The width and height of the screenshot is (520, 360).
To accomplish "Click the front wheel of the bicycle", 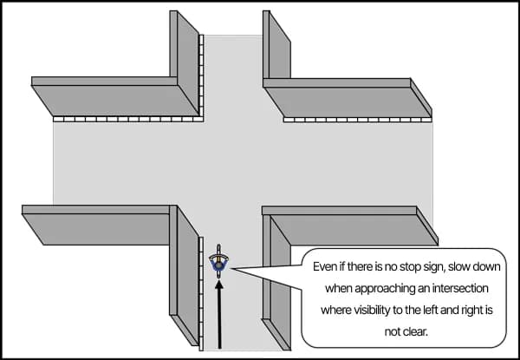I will (220, 249).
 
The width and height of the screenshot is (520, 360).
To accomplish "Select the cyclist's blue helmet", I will (220, 263).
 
